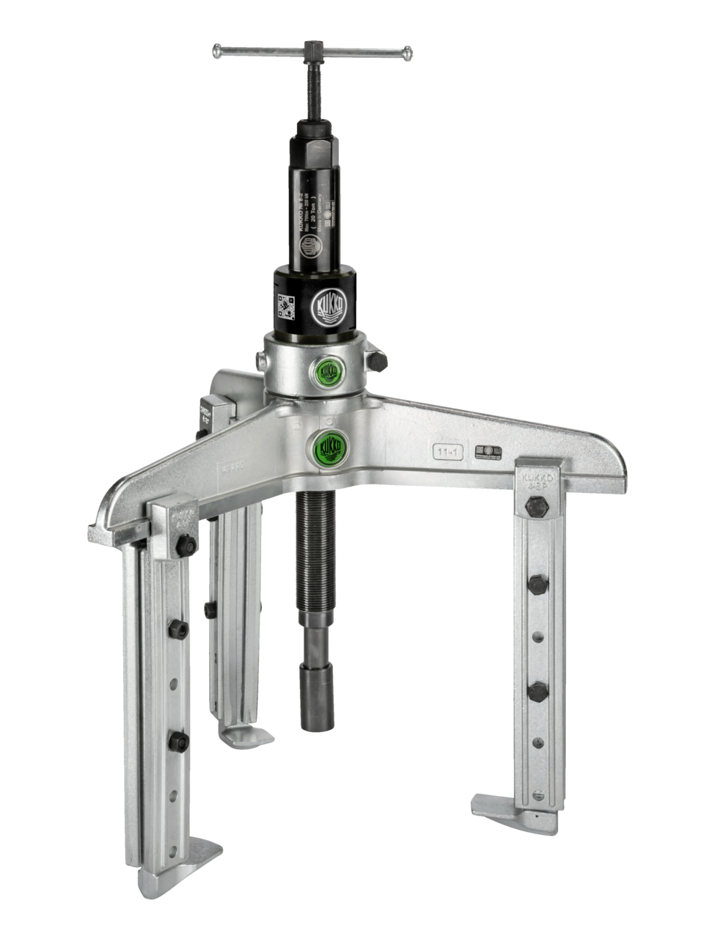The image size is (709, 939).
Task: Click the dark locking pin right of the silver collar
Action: [378, 362]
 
